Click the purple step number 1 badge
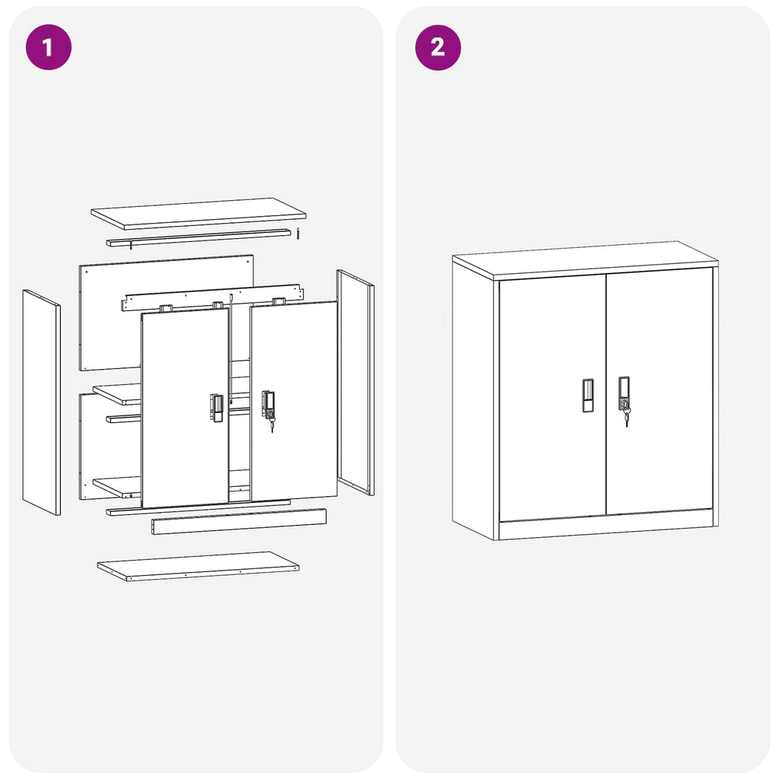48,47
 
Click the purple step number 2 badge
437,47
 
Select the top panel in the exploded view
198,213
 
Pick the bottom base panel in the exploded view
198,567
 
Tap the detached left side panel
41,403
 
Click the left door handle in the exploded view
217,408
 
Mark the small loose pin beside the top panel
300,233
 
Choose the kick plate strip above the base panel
239,522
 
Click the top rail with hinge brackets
211,298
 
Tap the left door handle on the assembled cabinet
588,396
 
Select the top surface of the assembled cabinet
584,259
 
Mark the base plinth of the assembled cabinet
605,524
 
